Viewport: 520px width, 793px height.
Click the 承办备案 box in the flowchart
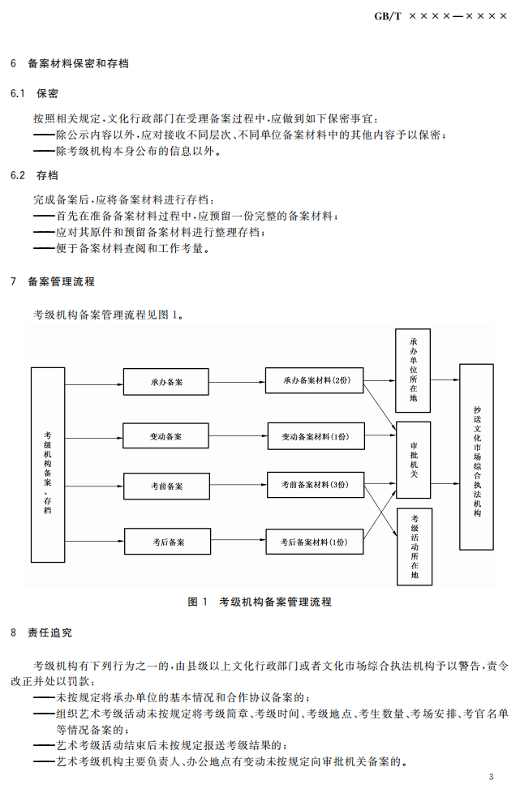click(165, 381)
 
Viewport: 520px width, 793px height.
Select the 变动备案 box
click(165, 436)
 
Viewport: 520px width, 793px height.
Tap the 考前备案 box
click(166, 487)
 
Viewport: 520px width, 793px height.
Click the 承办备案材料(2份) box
click(315, 380)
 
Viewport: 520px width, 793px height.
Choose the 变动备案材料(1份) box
click(315, 436)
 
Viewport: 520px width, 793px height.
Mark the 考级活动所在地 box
click(415, 547)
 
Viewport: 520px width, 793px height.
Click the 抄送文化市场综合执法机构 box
click(476, 457)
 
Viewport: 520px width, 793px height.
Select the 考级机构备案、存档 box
click(48, 465)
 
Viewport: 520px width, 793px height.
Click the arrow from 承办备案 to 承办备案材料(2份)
click(235, 381)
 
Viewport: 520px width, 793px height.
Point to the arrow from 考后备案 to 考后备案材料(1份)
click(237, 541)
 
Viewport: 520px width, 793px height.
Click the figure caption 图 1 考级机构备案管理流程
click(260, 602)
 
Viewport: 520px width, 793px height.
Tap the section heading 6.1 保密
click(34, 93)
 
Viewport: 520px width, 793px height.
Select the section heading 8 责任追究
click(41, 632)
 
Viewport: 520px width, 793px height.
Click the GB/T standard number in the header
click(440, 15)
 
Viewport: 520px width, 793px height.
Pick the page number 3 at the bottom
click(491, 776)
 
